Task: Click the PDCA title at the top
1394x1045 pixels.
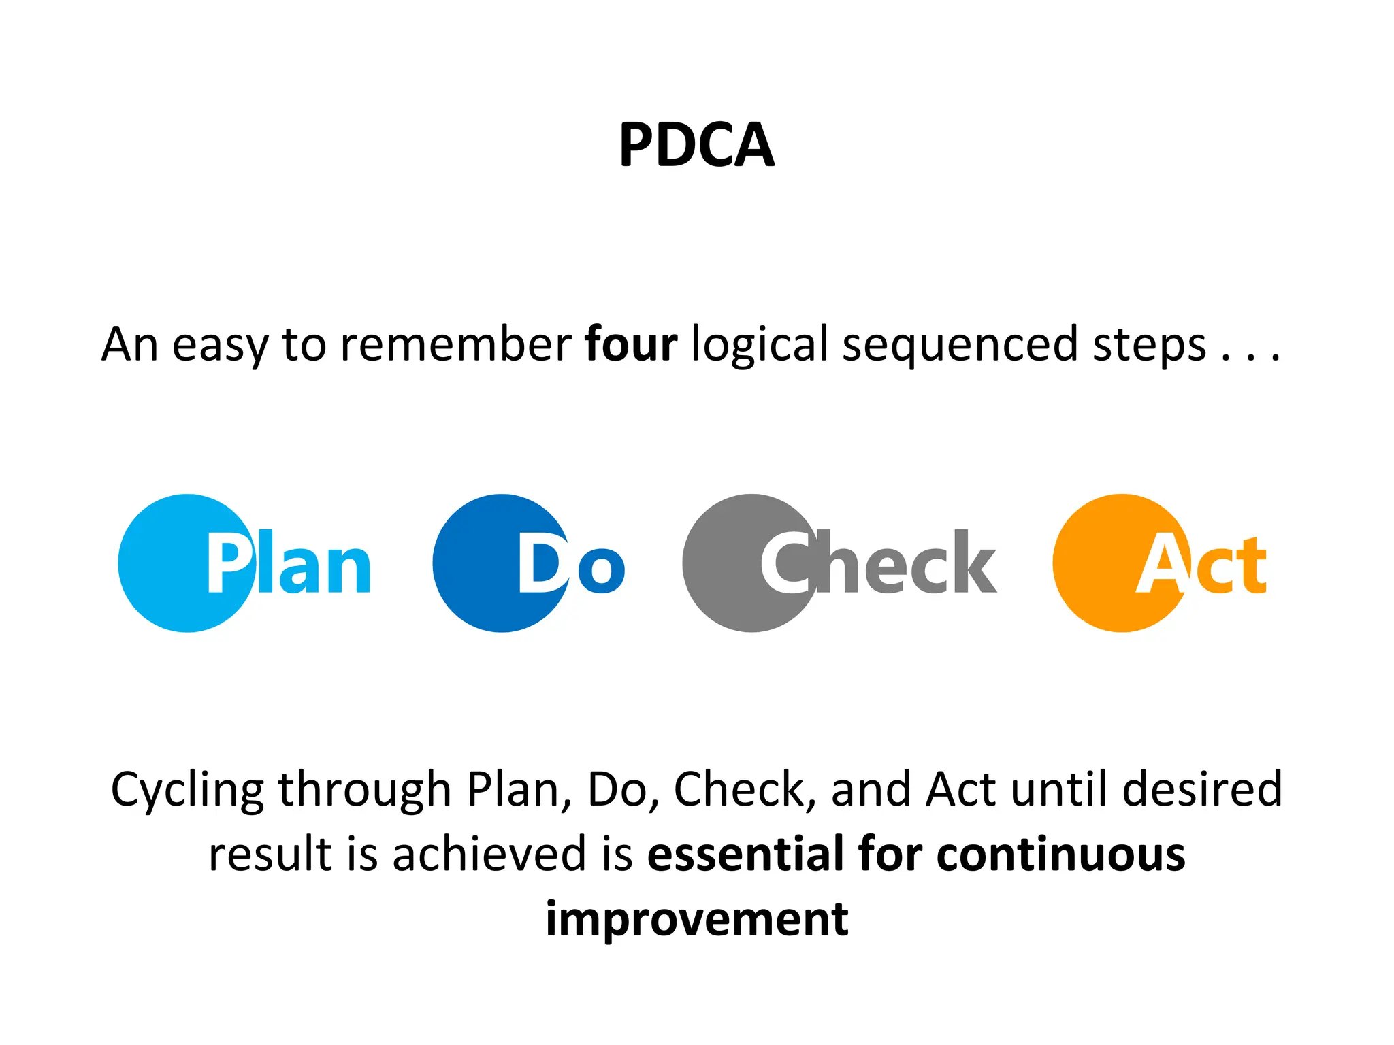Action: click(696, 145)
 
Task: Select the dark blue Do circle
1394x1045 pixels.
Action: click(476, 563)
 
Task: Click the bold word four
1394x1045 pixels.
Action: click(631, 344)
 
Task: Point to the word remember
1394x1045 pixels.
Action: click(455, 344)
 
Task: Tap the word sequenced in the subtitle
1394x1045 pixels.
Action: click(960, 344)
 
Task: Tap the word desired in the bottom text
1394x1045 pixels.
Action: click(1202, 789)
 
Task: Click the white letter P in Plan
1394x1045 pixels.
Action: click(228, 563)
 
